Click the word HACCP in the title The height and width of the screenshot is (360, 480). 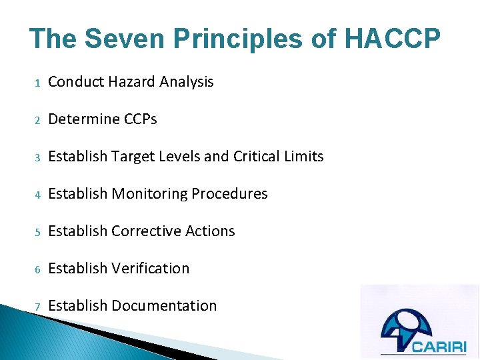click(392, 38)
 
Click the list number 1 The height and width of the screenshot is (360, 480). click(38, 83)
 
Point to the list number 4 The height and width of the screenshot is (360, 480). click(38, 195)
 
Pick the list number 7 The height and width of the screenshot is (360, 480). click(38, 307)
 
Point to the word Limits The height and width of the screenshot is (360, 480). click(303, 157)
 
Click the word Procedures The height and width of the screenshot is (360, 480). click(229, 194)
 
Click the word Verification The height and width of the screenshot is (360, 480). click(151, 269)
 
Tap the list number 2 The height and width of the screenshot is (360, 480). click(38, 120)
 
